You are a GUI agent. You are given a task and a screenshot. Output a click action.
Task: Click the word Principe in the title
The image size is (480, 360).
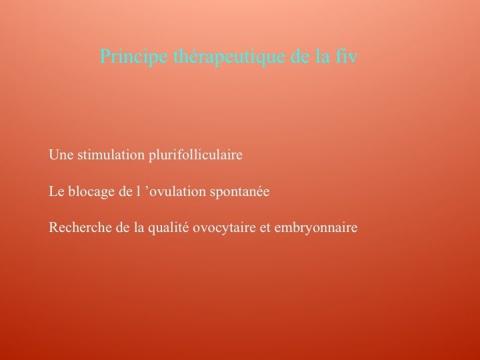coord(134,57)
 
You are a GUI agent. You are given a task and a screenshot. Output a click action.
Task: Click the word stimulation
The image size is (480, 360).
coord(111,155)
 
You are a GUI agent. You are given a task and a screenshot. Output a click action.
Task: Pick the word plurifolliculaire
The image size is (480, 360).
coord(195,155)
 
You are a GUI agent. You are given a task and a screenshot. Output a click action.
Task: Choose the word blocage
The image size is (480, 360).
coord(91,192)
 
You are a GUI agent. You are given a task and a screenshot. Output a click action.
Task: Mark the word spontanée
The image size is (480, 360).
coord(240,192)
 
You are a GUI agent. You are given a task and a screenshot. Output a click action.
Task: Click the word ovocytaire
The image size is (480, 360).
coord(224,228)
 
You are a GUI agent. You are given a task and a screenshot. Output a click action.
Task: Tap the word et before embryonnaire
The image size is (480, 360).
coord(265,228)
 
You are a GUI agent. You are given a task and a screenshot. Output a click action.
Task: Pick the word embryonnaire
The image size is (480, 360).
coord(316,228)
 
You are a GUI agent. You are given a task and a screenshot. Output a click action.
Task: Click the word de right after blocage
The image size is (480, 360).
coord(124,191)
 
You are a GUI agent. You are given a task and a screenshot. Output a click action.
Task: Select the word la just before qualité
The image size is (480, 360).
coord(139,227)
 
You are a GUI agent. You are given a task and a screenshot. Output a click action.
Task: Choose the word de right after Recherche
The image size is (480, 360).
coord(123,227)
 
